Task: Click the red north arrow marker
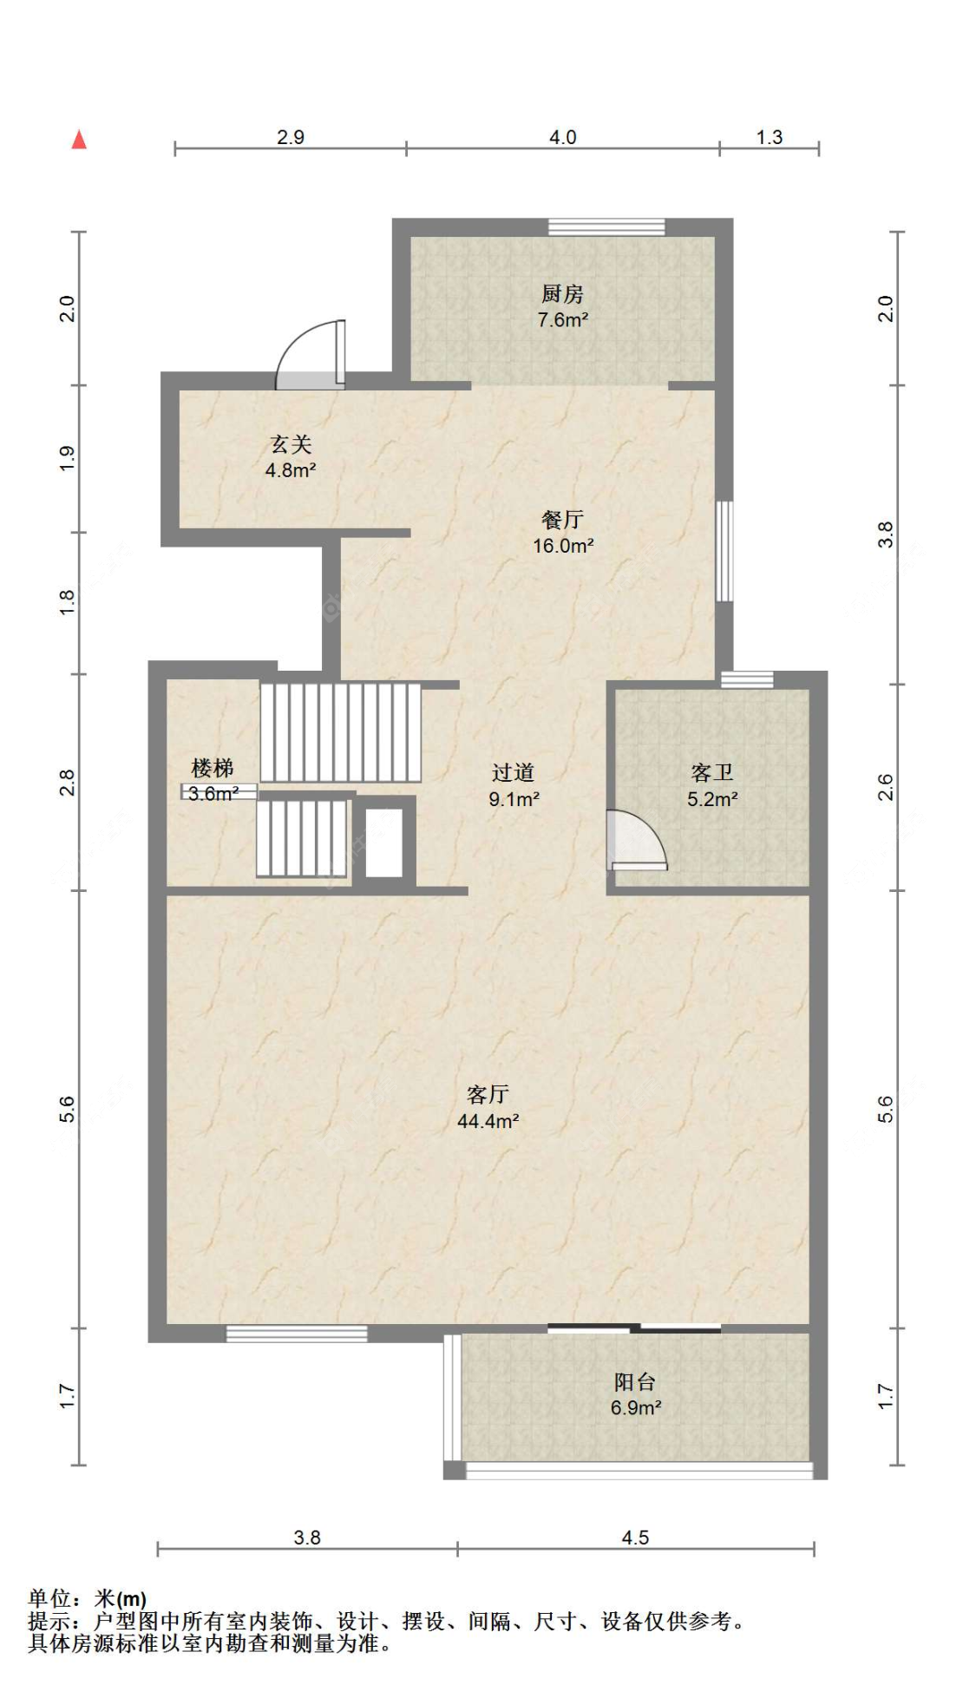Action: [79, 139]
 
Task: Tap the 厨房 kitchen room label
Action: [562, 293]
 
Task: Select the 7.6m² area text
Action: [562, 319]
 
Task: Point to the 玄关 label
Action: [291, 444]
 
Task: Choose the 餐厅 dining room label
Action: [562, 519]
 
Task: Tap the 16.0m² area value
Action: [563, 546]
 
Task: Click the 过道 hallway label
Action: [513, 772]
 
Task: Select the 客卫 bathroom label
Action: [712, 772]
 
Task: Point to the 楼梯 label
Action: [213, 768]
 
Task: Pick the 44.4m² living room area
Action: [488, 1121]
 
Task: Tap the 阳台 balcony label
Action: [635, 1381]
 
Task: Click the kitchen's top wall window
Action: [606, 226]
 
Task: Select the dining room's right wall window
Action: [724, 551]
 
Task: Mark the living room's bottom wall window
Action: [297, 1334]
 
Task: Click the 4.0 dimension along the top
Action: [562, 137]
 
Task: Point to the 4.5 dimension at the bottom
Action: [635, 1537]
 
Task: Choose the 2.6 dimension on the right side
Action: [884, 787]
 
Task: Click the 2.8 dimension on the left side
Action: [67, 783]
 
